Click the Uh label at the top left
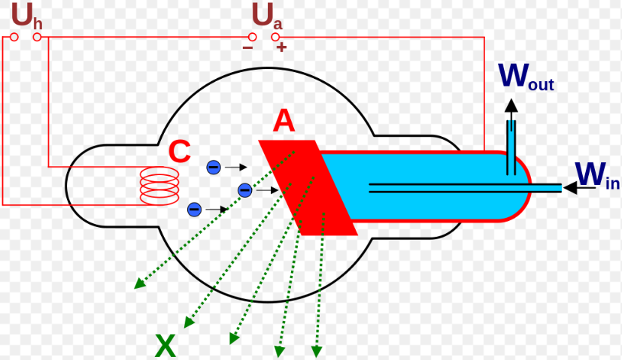point(26,14)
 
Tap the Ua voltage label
point(266,15)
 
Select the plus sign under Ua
point(281,47)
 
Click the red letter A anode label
point(284,120)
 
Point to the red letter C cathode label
point(179,152)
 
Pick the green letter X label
point(165,346)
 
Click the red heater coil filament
point(159,186)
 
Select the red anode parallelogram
point(308,188)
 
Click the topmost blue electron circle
point(214,167)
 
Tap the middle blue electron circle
point(244,190)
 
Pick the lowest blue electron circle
point(194,208)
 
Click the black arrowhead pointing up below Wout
point(511,105)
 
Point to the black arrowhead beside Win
point(569,187)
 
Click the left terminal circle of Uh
point(14,36)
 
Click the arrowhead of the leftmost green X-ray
point(139,283)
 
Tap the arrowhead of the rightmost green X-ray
point(317,351)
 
